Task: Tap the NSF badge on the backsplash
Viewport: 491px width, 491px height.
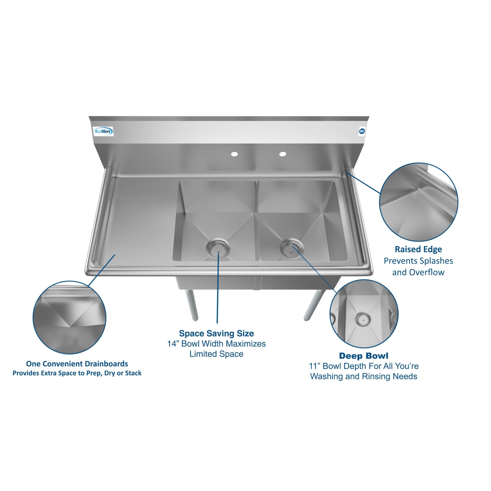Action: [x=362, y=131]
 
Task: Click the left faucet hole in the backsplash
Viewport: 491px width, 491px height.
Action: [x=234, y=154]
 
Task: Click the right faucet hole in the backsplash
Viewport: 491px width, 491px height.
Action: [x=283, y=154]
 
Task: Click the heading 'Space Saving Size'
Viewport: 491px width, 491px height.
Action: [x=216, y=333]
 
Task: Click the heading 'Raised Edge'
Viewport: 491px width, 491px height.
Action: [x=418, y=249]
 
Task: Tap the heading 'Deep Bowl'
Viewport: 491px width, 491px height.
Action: [x=363, y=355]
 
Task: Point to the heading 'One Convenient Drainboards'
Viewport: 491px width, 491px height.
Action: [x=77, y=364]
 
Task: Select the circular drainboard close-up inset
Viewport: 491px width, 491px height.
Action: [x=69, y=317]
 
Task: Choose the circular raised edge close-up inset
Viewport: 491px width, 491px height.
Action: [x=419, y=202]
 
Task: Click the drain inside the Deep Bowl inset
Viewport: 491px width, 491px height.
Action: [x=363, y=317]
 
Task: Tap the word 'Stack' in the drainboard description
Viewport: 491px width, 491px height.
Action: [x=133, y=373]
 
